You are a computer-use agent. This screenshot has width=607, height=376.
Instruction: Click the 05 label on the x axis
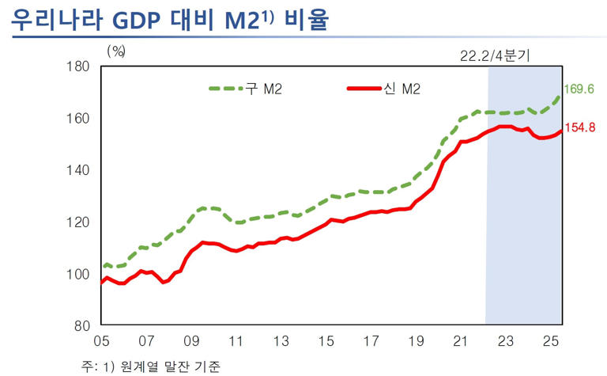tap(101, 343)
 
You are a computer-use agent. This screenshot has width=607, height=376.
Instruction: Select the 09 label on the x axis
tap(191, 343)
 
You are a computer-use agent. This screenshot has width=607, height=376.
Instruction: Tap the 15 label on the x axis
tap(326, 343)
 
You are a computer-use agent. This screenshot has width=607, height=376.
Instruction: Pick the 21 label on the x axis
tap(462, 343)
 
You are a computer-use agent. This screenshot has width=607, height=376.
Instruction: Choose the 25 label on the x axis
tap(552, 343)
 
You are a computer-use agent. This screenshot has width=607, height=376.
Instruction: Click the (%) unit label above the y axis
tap(116, 51)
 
